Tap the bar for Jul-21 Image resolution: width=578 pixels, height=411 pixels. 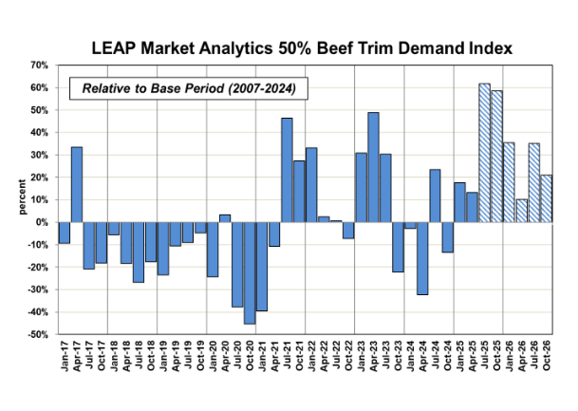[287, 170]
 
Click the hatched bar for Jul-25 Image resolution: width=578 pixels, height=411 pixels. [484, 153]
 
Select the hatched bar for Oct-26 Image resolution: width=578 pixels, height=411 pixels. [546, 198]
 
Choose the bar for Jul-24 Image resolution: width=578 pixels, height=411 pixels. [435, 196]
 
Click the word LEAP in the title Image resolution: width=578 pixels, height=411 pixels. [115, 45]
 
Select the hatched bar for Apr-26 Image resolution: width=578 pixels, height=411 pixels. [521, 211]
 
